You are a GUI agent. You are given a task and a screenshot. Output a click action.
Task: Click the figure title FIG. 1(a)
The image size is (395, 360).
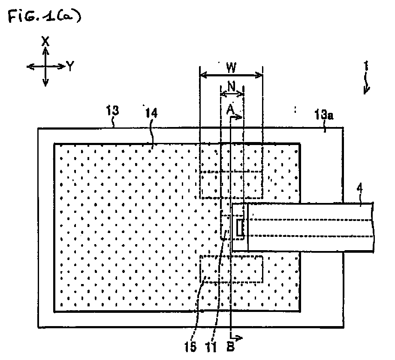(x=45, y=16)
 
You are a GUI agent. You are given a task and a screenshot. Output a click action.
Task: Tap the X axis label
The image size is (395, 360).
(x=45, y=41)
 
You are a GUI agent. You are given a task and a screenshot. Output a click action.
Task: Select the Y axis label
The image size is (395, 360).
(x=70, y=67)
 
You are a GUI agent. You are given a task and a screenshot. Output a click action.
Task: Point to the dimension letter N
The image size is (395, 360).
(x=231, y=87)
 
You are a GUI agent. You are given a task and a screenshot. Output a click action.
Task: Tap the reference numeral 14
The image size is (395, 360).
(x=151, y=113)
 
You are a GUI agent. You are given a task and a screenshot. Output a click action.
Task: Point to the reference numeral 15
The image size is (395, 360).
(x=190, y=347)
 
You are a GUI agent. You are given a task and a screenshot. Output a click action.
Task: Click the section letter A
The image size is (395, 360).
(x=230, y=110)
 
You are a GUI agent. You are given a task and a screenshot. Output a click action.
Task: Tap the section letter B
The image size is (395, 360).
(x=230, y=347)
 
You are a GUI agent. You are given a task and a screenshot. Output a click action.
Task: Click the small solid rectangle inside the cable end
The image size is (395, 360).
(x=240, y=228)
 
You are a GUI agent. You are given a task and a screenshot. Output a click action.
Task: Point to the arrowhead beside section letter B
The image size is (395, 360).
(x=239, y=338)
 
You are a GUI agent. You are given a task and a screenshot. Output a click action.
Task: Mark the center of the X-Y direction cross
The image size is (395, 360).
(x=45, y=67)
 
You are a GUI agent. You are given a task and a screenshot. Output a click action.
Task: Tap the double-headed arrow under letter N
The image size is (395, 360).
(x=232, y=94)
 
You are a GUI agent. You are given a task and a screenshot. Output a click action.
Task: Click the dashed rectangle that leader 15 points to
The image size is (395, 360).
(x=231, y=269)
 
